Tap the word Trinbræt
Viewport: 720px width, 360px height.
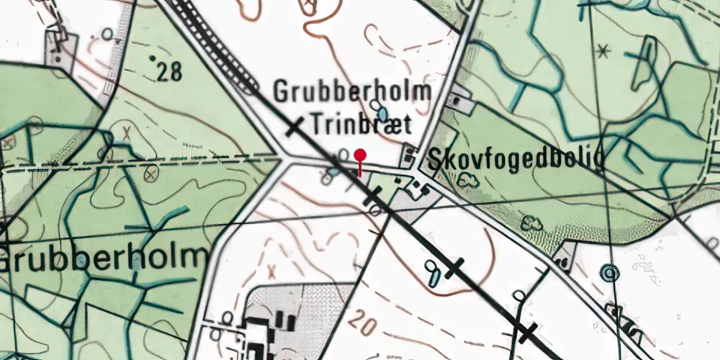point(361,125)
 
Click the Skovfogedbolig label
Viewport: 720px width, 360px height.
point(515,161)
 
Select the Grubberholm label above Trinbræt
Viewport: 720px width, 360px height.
point(352,92)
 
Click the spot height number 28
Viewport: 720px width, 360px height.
point(167,71)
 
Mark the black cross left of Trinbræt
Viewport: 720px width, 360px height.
point(294,128)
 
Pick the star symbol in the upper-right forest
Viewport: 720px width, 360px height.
point(604,50)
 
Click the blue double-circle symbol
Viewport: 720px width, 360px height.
point(611,273)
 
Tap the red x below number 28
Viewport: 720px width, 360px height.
point(127,133)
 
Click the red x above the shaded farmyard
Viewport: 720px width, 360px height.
point(272,272)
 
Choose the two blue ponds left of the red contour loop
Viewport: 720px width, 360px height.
point(433,271)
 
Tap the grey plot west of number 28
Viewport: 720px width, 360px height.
point(55,47)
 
